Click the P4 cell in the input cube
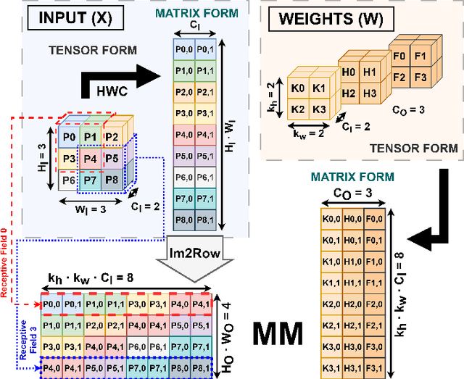pos(90,159)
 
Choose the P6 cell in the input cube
pos(68,180)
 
